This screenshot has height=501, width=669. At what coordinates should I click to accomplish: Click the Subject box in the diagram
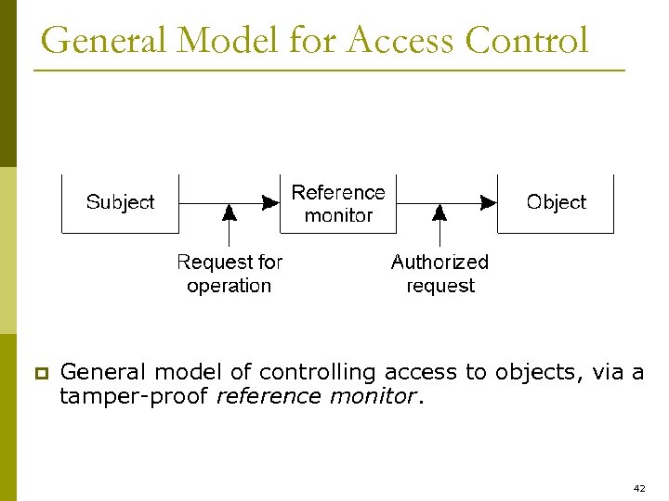tap(120, 202)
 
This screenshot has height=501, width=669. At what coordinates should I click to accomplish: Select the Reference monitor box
tap(338, 203)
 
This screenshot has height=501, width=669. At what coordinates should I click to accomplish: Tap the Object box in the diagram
tap(556, 202)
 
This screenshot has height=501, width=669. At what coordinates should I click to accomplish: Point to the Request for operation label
tap(230, 274)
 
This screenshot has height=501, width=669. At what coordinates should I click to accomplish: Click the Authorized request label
tap(439, 274)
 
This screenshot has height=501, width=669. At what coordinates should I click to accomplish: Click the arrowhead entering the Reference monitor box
tap(271, 202)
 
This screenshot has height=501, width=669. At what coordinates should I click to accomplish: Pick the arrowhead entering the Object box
tap(489, 202)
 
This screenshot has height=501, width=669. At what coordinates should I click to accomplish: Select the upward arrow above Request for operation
tap(230, 223)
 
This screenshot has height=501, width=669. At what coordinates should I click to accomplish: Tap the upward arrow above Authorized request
tap(439, 223)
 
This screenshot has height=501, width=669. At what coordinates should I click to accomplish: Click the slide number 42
tap(638, 487)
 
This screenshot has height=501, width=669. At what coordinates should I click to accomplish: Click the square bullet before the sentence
tap(40, 374)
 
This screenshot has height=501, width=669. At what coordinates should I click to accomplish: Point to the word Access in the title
tap(400, 41)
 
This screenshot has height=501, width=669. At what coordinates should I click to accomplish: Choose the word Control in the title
tap(527, 41)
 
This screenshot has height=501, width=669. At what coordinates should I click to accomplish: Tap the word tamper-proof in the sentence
tap(134, 397)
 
